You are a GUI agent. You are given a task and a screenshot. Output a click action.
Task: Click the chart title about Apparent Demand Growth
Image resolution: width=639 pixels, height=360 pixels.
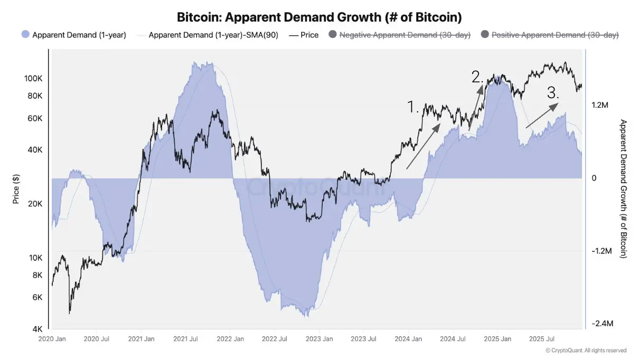pos(319,17)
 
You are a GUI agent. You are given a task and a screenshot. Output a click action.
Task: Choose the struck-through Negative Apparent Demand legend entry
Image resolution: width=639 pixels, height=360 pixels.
pos(407,35)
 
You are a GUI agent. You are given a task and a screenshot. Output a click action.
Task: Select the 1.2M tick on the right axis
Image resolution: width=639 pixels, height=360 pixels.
pos(600,106)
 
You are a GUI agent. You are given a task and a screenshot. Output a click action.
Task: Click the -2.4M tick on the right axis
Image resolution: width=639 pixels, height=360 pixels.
pos(602,324)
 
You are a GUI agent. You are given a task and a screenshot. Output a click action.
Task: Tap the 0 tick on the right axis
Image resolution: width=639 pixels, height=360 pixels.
pos(594,178)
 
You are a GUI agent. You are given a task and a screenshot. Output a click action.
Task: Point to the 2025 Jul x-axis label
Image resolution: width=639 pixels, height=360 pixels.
pos(541,338)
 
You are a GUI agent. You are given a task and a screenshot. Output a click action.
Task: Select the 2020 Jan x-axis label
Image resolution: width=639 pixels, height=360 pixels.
pos(52,338)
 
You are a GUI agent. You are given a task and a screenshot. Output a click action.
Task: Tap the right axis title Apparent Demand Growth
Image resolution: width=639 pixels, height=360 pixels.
pos(623,188)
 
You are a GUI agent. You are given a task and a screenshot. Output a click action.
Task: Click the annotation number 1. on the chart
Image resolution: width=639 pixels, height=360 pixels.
pos(413,107)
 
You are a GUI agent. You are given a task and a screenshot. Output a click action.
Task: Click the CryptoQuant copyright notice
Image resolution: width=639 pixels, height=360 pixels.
pos(586,350)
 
